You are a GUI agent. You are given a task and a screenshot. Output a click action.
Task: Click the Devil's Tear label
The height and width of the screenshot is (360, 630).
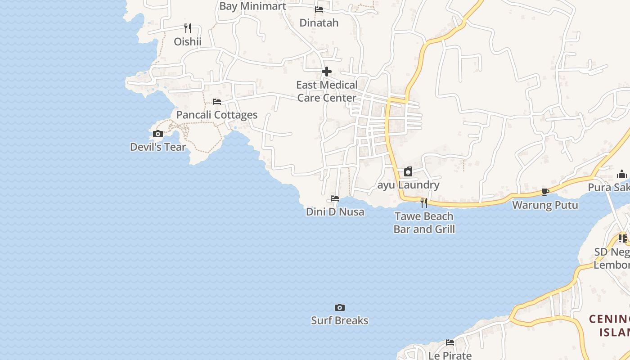(x=157, y=147)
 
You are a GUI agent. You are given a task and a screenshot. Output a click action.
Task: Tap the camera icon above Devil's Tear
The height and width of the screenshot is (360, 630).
(x=157, y=134)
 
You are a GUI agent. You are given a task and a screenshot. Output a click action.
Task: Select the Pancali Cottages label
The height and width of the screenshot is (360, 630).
(x=217, y=115)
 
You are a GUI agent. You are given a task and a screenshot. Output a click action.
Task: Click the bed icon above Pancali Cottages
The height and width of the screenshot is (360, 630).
(x=217, y=102)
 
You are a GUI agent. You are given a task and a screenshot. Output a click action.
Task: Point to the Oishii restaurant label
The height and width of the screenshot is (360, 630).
(x=188, y=42)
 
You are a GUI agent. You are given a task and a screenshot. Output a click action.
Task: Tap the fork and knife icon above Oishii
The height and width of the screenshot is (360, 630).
(x=188, y=28)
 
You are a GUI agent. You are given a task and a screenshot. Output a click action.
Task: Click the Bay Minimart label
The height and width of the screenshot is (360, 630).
(x=253, y=6)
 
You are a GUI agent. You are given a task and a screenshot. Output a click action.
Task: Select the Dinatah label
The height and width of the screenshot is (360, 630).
(x=319, y=22)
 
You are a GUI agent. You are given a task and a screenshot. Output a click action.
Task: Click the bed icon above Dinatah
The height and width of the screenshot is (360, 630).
(x=319, y=9)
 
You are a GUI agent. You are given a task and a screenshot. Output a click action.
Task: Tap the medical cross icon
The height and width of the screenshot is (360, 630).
(x=327, y=72)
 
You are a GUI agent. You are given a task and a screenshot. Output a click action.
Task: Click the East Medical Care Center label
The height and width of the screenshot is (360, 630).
(x=327, y=91)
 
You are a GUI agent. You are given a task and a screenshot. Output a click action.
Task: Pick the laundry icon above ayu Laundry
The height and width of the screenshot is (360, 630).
(x=408, y=171)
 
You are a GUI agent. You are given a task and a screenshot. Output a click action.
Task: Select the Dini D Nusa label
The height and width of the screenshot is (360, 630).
(x=335, y=211)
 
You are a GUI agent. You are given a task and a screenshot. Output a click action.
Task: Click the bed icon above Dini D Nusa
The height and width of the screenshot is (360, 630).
(x=335, y=198)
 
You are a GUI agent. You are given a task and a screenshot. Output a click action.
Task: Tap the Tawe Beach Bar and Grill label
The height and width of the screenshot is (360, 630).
(x=424, y=223)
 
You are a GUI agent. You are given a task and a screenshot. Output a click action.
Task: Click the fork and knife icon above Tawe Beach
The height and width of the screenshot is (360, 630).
(x=423, y=203)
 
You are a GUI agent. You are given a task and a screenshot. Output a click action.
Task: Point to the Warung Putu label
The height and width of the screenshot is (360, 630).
(x=545, y=205)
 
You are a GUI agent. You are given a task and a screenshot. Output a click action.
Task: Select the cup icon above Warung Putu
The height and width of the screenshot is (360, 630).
(x=545, y=192)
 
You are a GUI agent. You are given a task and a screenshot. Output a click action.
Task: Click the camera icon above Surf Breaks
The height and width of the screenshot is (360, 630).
(x=340, y=308)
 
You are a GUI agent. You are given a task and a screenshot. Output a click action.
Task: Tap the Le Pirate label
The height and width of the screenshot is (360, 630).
(x=450, y=355)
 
